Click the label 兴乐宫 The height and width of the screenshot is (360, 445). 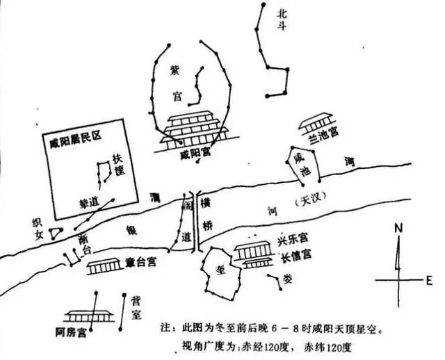coord(295,241)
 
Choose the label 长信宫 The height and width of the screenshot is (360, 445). coord(295,255)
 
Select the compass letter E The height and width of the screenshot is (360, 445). coord(429,279)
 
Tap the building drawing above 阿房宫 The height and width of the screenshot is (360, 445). coord(88,316)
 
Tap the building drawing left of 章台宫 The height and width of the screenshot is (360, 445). coord(102,265)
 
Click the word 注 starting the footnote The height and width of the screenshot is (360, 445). coord(164,326)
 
